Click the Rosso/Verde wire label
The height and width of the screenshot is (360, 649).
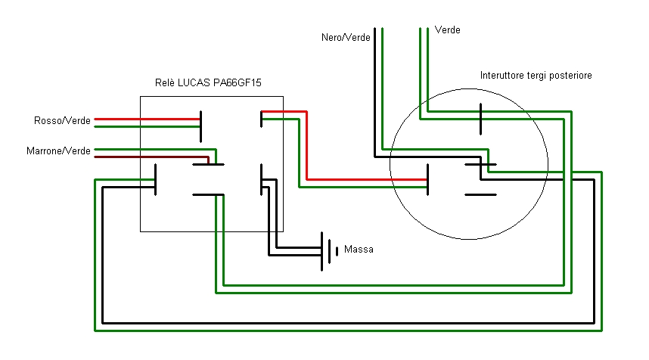pyautogui.click(x=62, y=120)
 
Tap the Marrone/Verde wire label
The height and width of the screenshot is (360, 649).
pyautogui.click(x=58, y=151)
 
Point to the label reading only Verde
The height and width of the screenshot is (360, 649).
pyautogui.click(x=448, y=30)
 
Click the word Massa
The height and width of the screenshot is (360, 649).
pyautogui.click(x=359, y=249)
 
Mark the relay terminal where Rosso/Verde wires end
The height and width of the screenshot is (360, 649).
pyautogui.click(x=200, y=126)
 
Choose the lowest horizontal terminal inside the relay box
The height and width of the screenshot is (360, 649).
pyautogui.click(x=209, y=195)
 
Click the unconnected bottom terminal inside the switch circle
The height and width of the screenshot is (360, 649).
pyautogui.click(x=480, y=195)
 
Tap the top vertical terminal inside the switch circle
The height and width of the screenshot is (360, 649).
pyautogui.click(x=481, y=117)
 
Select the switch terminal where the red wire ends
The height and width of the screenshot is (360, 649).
pyautogui.click(x=428, y=179)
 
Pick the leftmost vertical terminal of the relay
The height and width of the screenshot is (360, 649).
pyautogui.click(x=155, y=179)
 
